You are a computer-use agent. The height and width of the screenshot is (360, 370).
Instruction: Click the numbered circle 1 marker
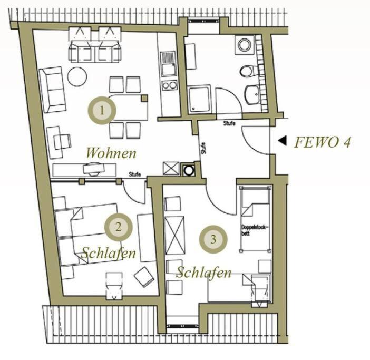(102, 110)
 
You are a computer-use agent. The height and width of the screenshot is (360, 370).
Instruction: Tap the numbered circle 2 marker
(119, 227)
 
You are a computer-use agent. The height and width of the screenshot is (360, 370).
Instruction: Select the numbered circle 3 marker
(213, 239)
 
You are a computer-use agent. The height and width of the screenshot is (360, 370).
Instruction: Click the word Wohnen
(111, 153)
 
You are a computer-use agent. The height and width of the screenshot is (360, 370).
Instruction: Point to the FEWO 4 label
(323, 142)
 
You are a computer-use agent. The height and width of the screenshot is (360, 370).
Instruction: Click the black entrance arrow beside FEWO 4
(283, 141)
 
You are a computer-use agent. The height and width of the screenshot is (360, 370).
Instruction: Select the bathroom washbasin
(252, 95)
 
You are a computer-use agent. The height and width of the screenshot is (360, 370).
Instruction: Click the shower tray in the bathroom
(199, 99)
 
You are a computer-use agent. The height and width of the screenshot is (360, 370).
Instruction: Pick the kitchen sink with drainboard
(168, 64)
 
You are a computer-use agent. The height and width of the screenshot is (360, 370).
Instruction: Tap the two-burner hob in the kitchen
(169, 85)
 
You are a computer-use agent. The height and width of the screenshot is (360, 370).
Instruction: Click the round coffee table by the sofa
(77, 77)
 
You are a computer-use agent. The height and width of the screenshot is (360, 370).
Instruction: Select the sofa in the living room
(52, 90)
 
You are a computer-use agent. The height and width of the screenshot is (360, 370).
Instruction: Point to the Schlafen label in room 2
(109, 253)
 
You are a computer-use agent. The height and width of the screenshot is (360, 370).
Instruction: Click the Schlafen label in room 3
(204, 273)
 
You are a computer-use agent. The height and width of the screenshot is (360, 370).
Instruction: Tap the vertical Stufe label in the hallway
(203, 149)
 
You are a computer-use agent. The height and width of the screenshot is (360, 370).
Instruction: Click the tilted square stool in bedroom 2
(144, 277)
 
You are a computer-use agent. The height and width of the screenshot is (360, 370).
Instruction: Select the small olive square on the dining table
(144, 98)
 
